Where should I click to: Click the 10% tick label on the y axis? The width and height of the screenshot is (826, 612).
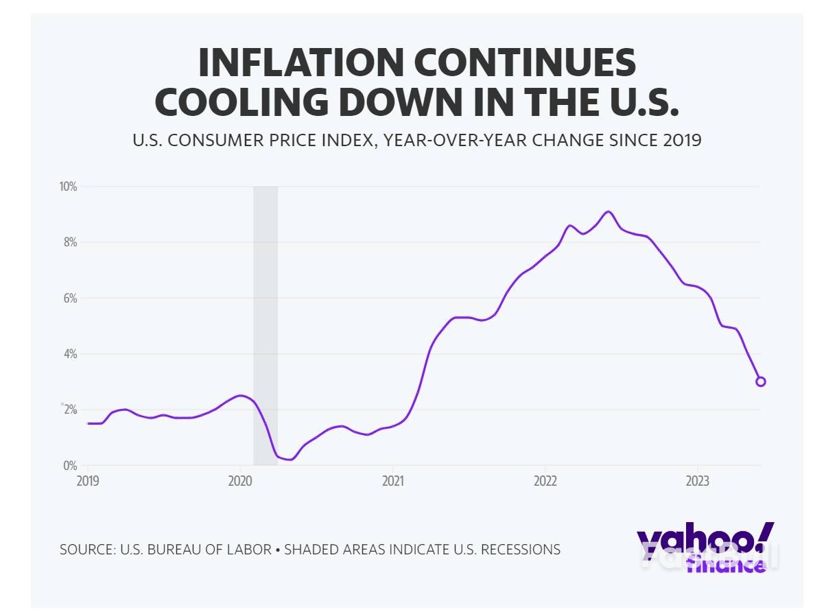pos(67,187)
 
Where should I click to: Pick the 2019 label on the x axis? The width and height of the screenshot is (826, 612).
pos(88,480)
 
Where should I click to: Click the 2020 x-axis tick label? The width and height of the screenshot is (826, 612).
pos(240,480)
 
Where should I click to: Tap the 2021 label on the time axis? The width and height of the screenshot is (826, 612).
pos(392,480)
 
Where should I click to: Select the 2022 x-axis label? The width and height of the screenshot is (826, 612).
pos(545,480)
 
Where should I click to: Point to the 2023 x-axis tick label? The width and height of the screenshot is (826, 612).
pos(698,480)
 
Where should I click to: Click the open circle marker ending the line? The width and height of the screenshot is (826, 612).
pos(760,381)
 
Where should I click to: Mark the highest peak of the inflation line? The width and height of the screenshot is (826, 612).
pos(608,211)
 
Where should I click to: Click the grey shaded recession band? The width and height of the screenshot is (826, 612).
pos(265,322)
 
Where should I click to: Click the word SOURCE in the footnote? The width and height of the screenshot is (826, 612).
pos(86,550)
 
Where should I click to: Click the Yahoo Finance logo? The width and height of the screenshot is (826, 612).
pos(705,547)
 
